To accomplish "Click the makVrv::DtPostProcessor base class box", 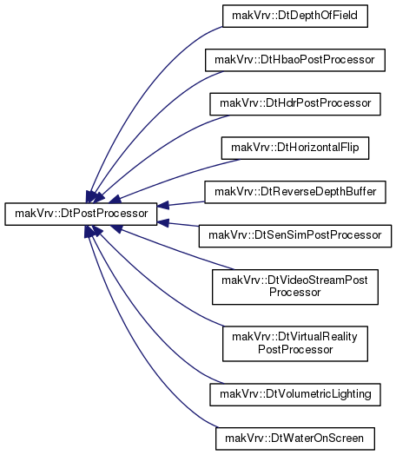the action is pyautogui.click(x=81, y=214).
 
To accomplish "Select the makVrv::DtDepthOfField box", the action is pyautogui.click(x=295, y=16).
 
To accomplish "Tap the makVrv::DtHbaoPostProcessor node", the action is pyautogui.click(x=295, y=60).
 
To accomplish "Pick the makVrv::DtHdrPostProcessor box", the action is pyautogui.click(x=295, y=104).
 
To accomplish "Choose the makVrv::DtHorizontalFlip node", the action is pyautogui.click(x=295, y=148).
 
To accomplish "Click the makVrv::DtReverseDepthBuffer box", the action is pyautogui.click(x=295, y=192).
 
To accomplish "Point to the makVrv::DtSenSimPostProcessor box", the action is pyautogui.click(x=295, y=236).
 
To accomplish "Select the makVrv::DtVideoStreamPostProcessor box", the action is pyautogui.click(x=295, y=287).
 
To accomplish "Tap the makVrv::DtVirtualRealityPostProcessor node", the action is pyautogui.click(x=295, y=344).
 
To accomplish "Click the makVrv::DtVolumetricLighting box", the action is pyautogui.click(x=295, y=394).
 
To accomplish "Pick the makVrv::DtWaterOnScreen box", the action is pyautogui.click(x=295, y=439).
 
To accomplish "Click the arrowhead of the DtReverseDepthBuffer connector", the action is pyautogui.click(x=163, y=206).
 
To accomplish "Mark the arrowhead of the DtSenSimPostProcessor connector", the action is pyautogui.click(x=163, y=222).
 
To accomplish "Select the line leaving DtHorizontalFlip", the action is pyautogui.click(x=178, y=176).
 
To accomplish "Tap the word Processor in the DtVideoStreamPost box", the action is pyautogui.click(x=294, y=293).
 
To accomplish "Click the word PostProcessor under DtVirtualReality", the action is pyautogui.click(x=295, y=350).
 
